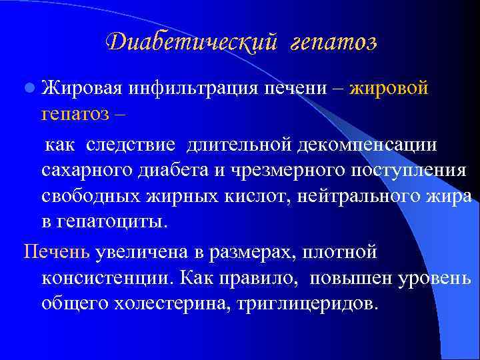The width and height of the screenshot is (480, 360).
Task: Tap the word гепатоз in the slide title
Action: [333, 43]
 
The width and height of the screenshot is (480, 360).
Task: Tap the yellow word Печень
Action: [57, 253]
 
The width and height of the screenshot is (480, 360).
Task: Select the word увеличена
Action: [139, 253]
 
